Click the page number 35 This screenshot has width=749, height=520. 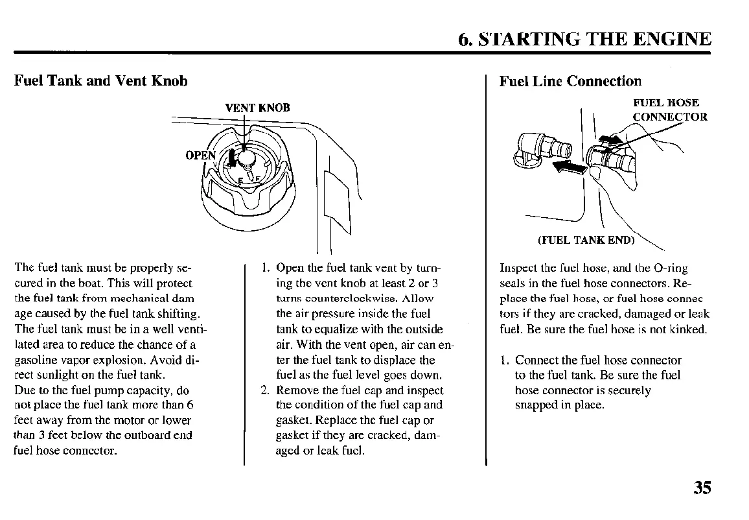[x=701, y=488]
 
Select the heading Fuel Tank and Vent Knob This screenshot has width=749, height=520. [x=101, y=81]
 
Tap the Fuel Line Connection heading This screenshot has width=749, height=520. [x=570, y=81]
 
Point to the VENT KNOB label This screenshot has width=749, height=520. [x=257, y=108]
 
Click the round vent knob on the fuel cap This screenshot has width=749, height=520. [x=246, y=157]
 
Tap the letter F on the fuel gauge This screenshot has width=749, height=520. [x=257, y=178]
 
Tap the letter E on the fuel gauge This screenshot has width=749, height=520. [x=240, y=180]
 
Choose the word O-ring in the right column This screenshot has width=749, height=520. [x=672, y=268]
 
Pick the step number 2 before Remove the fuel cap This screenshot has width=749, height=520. [x=264, y=390]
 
